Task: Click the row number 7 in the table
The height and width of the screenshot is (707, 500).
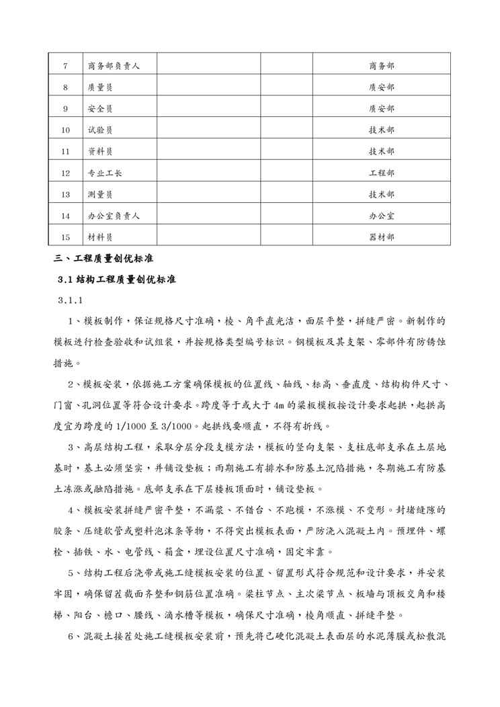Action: (x=65, y=66)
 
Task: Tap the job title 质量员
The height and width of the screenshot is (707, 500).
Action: (x=100, y=87)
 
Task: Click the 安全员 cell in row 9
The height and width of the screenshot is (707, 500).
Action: (x=100, y=109)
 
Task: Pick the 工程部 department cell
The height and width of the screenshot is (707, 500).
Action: (x=382, y=173)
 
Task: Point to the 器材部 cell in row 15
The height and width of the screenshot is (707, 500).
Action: (x=382, y=237)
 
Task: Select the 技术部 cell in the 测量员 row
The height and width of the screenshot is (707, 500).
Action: (x=382, y=194)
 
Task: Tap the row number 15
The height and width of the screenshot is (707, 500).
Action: (x=65, y=237)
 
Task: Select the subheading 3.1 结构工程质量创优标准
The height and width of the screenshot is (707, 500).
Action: (x=117, y=279)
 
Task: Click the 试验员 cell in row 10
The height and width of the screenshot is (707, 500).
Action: (x=100, y=130)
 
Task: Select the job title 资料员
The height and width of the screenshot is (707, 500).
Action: (x=100, y=152)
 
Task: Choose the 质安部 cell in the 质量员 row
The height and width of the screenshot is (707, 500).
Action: (x=382, y=87)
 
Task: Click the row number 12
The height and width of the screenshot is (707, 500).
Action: (x=65, y=173)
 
